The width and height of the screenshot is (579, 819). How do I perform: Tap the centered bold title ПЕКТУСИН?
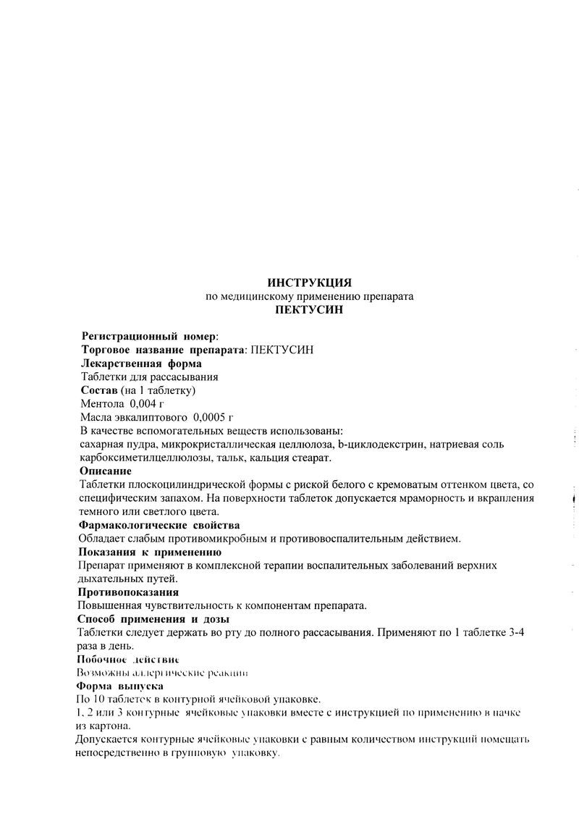coord(309,310)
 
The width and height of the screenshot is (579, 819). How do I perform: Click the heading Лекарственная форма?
coord(141,364)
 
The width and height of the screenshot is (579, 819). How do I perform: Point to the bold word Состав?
coord(98,390)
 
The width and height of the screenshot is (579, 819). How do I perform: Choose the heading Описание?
coord(106,471)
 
